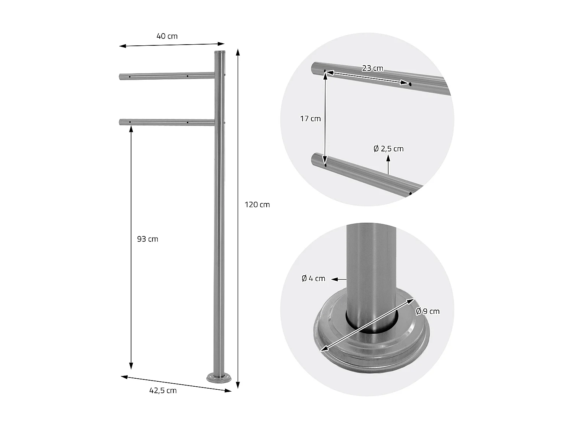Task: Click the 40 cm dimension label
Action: (x=167, y=36)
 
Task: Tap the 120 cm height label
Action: (x=257, y=205)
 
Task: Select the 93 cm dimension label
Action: (x=147, y=239)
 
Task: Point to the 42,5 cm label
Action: (x=163, y=390)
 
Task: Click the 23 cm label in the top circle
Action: (x=372, y=68)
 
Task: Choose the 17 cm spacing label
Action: (x=310, y=119)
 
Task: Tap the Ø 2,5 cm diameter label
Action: (x=388, y=149)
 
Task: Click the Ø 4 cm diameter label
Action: (x=313, y=279)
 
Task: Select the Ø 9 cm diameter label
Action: (x=427, y=311)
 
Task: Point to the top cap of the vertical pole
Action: (x=220, y=52)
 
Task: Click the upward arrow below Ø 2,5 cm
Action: (x=388, y=161)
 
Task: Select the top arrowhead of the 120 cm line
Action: (x=238, y=52)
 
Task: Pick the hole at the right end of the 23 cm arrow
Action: (x=410, y=84)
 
